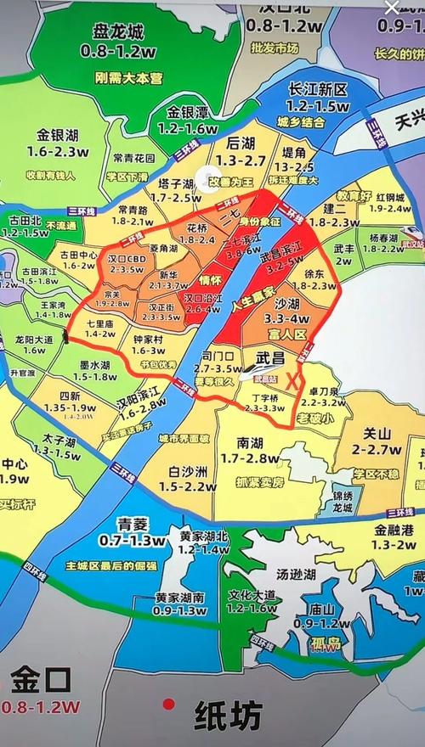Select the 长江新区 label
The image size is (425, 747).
[x=318, y=90]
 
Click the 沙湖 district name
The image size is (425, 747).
[x=286, y=303]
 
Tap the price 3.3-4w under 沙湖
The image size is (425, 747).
[x=287, y=318]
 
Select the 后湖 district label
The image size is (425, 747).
[x=235, y=143]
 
